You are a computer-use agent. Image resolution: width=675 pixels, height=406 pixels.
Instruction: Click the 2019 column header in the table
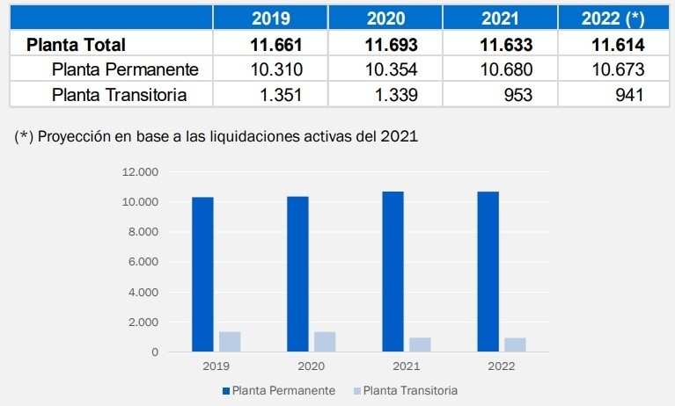[x=270, y=18]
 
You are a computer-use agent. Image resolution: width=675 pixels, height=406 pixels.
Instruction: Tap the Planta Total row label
[x=77, y=45]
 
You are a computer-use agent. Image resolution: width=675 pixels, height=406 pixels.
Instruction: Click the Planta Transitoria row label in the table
[x=119, y=95]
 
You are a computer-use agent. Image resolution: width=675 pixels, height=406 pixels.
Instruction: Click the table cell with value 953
[x=516, y=95]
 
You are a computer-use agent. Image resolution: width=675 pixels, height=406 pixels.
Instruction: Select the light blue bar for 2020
[x=325, y=342]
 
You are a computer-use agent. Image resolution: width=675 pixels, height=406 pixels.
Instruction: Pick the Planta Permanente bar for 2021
[x=393, y=272]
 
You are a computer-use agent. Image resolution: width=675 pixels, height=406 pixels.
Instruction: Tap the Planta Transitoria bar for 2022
[x=515, y=344]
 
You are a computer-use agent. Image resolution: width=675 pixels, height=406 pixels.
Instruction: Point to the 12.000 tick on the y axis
[x=141, y=172]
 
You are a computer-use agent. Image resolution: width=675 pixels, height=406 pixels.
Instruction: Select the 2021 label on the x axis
[x=406, y=366]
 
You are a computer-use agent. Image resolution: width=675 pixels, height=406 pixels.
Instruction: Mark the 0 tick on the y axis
[x=154, y=352]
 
